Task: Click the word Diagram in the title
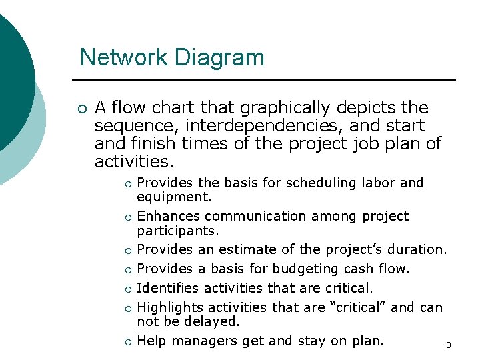click(219, 58)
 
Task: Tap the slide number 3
click(449, 345)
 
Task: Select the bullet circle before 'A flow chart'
click(81, 109)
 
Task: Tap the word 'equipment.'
click(174, 197)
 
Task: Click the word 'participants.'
click(178, 230)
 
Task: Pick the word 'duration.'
click(419, 249)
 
